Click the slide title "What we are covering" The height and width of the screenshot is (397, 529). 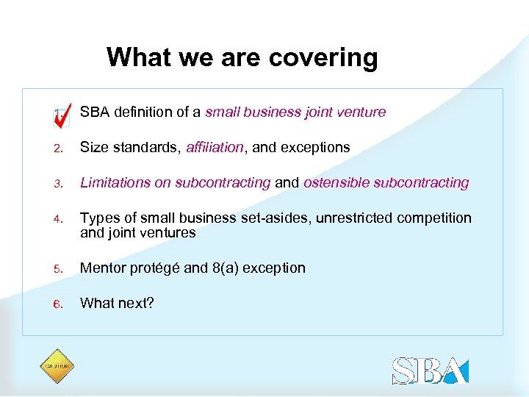tap(242, 57)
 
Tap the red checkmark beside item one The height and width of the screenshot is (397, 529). tap(63, 112)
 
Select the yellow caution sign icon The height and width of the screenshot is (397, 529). tap(57, 365)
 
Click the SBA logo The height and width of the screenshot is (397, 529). tap(430, 370)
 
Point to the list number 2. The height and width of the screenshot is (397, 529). tap(58, 148)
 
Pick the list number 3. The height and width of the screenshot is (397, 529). tap(58, 183)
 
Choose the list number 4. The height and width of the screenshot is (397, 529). tap(58, 218)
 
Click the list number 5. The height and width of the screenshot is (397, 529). tap(58, 268)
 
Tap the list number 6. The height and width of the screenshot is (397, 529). tap(58, 304)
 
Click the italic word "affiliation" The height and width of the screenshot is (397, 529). tap(215, 147)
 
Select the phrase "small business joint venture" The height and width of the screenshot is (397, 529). tap(295, 112)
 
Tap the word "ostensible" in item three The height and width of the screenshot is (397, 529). tap(336, 182)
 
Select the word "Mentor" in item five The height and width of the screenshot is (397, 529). tap(102, 268)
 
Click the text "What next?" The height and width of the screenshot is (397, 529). tap(117, 303)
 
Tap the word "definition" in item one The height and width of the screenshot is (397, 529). tap(148, 112)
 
